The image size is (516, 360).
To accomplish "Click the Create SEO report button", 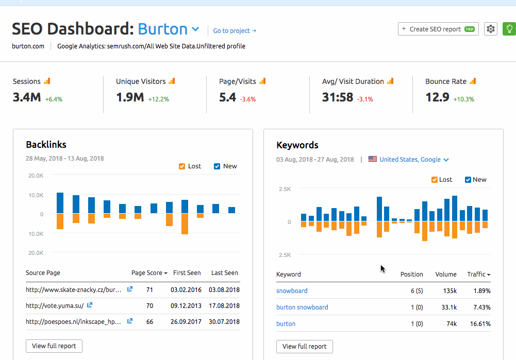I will [438, 29].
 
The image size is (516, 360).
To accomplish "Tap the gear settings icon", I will [491, 29].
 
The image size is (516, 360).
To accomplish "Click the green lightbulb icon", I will [509, 29].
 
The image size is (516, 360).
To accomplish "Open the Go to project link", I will [235, 31].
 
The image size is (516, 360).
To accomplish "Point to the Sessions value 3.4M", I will [27, 97].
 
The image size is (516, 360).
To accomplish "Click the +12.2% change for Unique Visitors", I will [158, 99].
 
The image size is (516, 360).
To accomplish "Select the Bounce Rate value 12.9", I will [437, 97].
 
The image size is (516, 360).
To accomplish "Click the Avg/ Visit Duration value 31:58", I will [338, 97].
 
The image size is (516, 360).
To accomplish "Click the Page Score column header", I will [149, 273].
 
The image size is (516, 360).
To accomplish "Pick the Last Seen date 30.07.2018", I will [224, 322].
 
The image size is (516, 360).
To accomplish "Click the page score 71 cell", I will [150, 290].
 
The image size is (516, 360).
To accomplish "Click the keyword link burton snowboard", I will [302, 307].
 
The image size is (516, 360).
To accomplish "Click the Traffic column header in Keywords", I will [478, 275].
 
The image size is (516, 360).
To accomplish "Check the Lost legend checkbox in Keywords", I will [435, 180].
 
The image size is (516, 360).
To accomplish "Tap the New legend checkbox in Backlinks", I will [217, 166].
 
